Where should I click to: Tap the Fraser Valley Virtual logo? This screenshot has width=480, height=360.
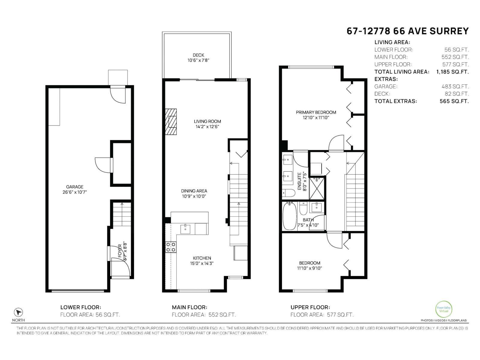[x=443, y=309]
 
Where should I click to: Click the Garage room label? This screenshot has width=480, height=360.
[x=75, y=187]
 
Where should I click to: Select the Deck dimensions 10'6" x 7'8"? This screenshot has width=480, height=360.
[x=198, y=60]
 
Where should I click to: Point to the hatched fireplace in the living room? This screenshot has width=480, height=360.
[x=171, y=122]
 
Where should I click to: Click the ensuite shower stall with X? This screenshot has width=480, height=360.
[x=317, y=188]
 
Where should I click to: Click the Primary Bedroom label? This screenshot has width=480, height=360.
[x=316, y=112]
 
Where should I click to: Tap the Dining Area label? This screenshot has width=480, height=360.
[x=194, y=191]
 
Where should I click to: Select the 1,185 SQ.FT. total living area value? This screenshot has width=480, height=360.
[x=452, y=72]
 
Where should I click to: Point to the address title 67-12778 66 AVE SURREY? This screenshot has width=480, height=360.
[x=407, y=31]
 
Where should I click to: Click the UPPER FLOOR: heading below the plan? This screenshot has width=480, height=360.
[x=310, y=307]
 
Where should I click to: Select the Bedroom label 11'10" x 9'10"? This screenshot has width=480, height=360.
[x=310, y=265]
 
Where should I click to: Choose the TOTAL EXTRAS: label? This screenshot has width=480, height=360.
[x=395, y=101]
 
